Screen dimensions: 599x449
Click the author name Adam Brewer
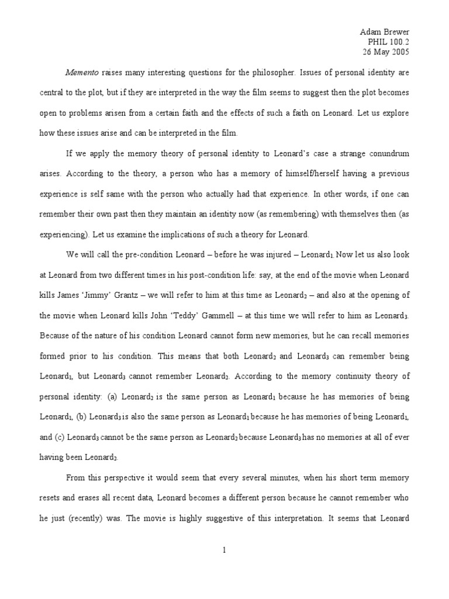(x=384, y=32)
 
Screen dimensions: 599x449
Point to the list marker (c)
(x=60, y=438)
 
